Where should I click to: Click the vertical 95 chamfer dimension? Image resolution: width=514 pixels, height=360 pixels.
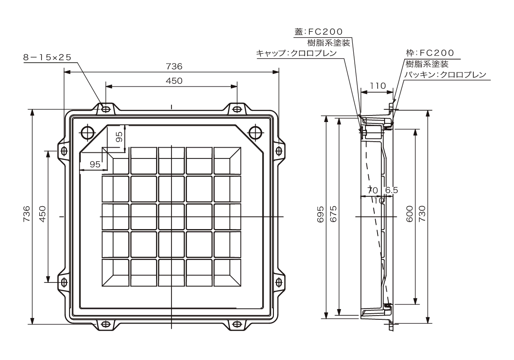click(x=120, y=137)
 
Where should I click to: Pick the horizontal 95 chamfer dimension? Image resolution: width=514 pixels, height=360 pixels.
click(x=95, y=165)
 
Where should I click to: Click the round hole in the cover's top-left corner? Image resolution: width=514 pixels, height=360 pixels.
click(x=87, y=132)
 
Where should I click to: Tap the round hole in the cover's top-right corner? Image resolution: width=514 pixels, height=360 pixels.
click(x=256, y=132)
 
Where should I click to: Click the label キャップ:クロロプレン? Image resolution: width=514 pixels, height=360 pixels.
click(x=296, y=53)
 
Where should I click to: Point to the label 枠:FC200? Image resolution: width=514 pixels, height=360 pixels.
click(x=430, y=53)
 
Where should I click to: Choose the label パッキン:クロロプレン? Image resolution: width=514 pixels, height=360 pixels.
click(x=445, y=74)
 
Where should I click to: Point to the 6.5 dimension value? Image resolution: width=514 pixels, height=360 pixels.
click(x=392, y=190)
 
